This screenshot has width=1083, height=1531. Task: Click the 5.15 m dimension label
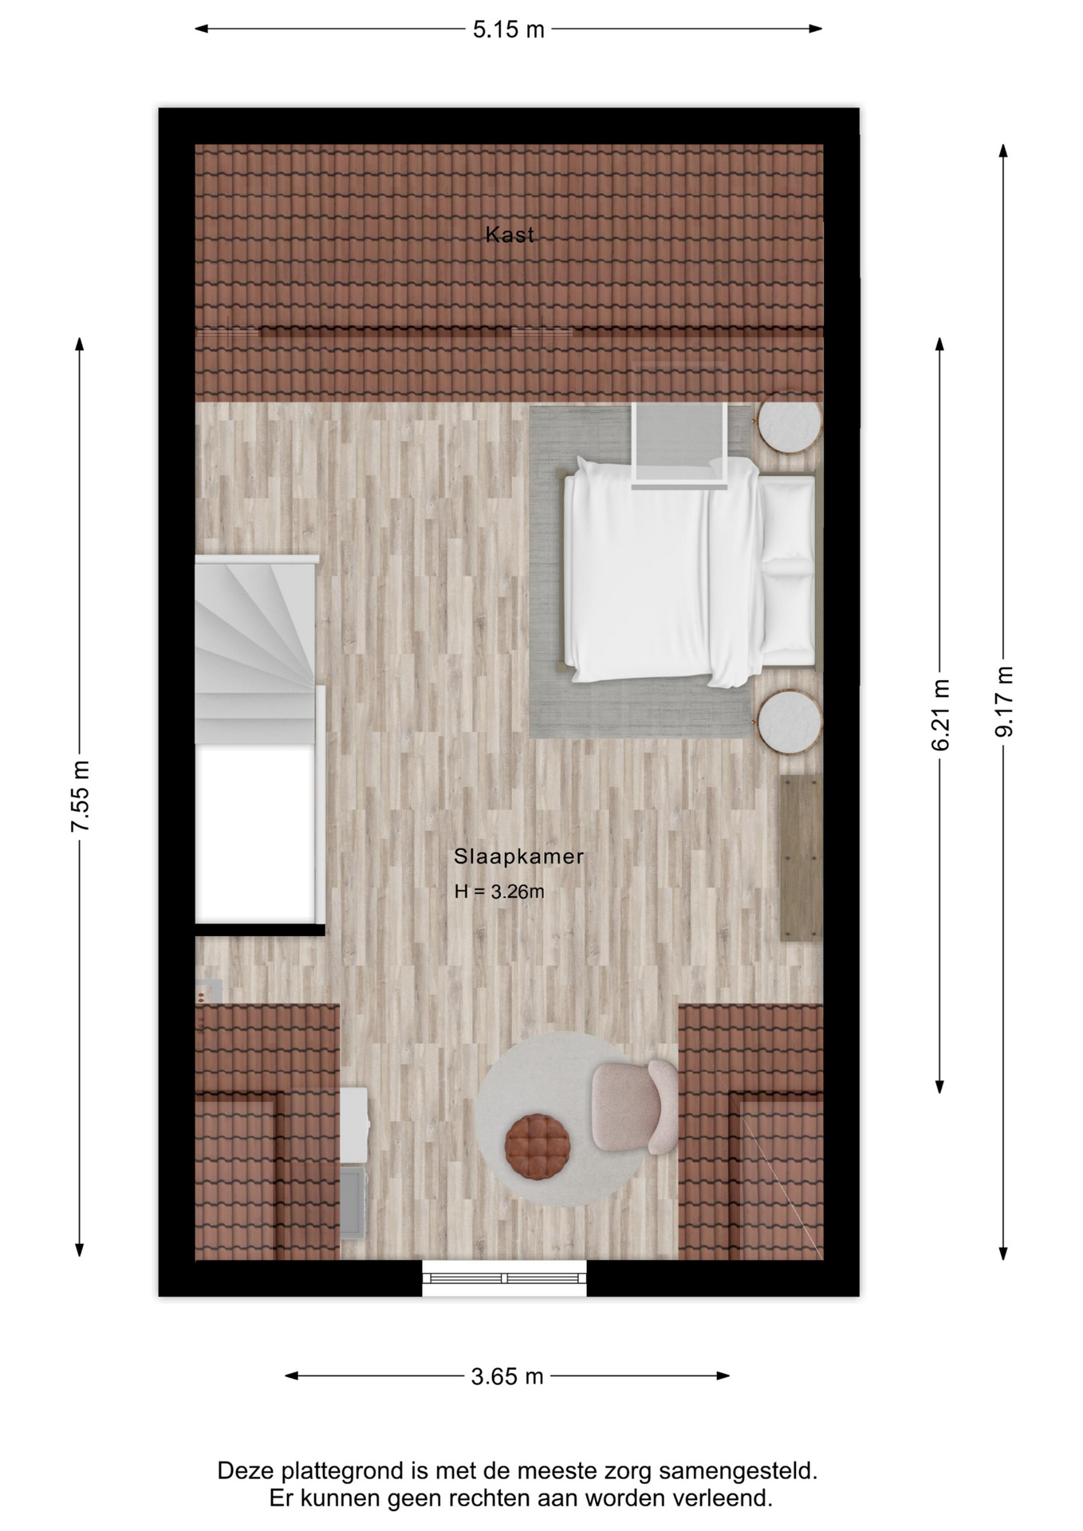click(x=508, y=30)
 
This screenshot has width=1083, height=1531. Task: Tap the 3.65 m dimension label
click(x=507, y=1376)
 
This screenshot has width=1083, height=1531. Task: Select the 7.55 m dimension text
click(x=81, y=796)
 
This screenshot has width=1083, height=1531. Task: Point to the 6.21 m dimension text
click(x=940, y=714)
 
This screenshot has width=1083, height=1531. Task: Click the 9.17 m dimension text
click(x=1004, y=701)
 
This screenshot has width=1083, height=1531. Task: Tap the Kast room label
click(x=510, y=234)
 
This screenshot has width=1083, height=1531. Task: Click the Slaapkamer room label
click(x=519, y=856)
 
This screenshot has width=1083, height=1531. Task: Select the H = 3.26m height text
click(x=499, y=891)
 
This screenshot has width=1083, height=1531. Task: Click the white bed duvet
click(x=662, y=571)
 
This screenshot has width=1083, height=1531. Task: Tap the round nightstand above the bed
click(x=790, y=427)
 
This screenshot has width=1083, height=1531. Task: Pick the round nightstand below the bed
click(x=790, y=722)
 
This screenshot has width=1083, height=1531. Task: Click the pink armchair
click(x=635, y=1107)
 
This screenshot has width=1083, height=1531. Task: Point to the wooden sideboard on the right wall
click(x=801, y=857)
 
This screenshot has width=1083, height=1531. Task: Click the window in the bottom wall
click(x=504, y=1278)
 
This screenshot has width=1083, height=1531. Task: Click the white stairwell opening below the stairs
click(x=254, y=834)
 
